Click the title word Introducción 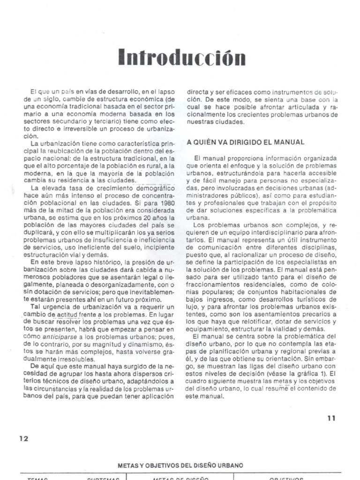[x=181, y=58]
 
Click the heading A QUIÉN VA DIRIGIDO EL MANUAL [x=246, y=142]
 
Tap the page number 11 [x=331, y=419]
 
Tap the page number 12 [x=24, y=438]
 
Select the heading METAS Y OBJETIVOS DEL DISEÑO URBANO [x=180, y=465]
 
